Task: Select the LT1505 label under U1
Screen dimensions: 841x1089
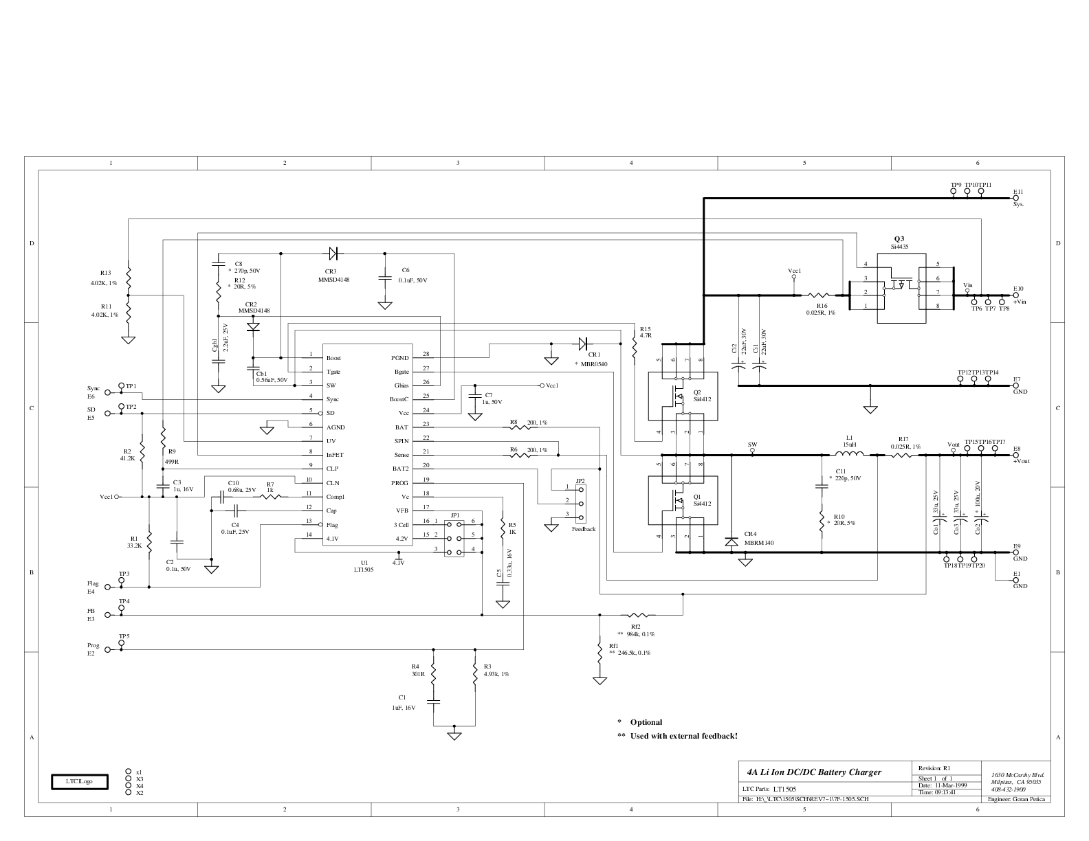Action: pyautogui.click(x=364, y=570)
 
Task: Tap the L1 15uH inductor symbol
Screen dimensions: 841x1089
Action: pyautogui.click(x=850, y=454)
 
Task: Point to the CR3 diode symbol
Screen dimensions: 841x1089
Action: pyautogui.click(x=334, y=254)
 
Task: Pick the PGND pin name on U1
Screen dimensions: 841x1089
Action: pyautogui.click(x=400, y=358)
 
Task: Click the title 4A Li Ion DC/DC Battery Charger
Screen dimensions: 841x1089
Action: pyautogui.click(x=813, y=772)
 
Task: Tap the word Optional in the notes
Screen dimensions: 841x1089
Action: pyautogui.click(x=646, y=722)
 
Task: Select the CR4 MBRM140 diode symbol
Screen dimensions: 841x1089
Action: pyautogui.click(x=731, y=542)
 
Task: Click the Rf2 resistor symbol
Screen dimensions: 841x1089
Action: pyautogui.click(x=638, y=615)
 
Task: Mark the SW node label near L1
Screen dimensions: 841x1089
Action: pyautogui.click(x=752, y=445)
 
